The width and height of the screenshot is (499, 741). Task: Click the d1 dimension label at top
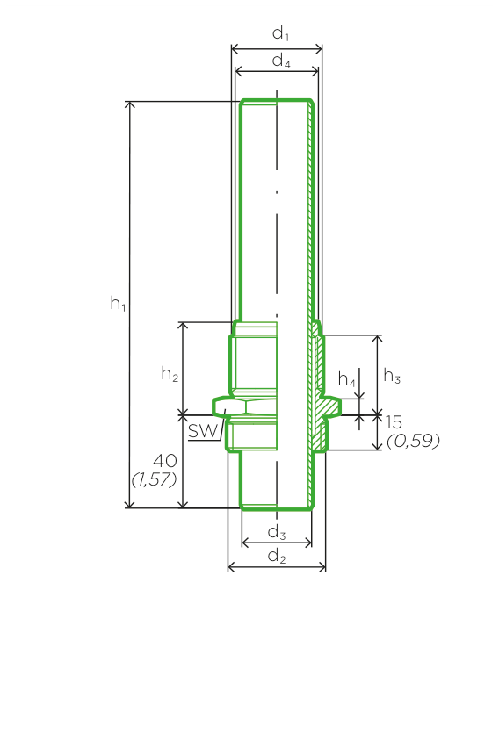click(x=280, y=33)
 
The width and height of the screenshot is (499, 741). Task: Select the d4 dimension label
click(x=281, y=61)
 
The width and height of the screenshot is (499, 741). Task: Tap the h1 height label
click(x=119, y=304)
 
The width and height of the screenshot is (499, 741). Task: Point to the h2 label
click(x=170, y=374)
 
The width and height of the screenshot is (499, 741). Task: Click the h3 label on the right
click(x=392, y=376)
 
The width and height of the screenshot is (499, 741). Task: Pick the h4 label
click(x=347, y=379)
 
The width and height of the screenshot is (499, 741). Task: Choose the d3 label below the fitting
click(x=277, y=533)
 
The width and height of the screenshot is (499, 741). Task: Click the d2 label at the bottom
click(x=277, y=557)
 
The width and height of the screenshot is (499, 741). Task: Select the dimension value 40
click(x=165, y=461)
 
